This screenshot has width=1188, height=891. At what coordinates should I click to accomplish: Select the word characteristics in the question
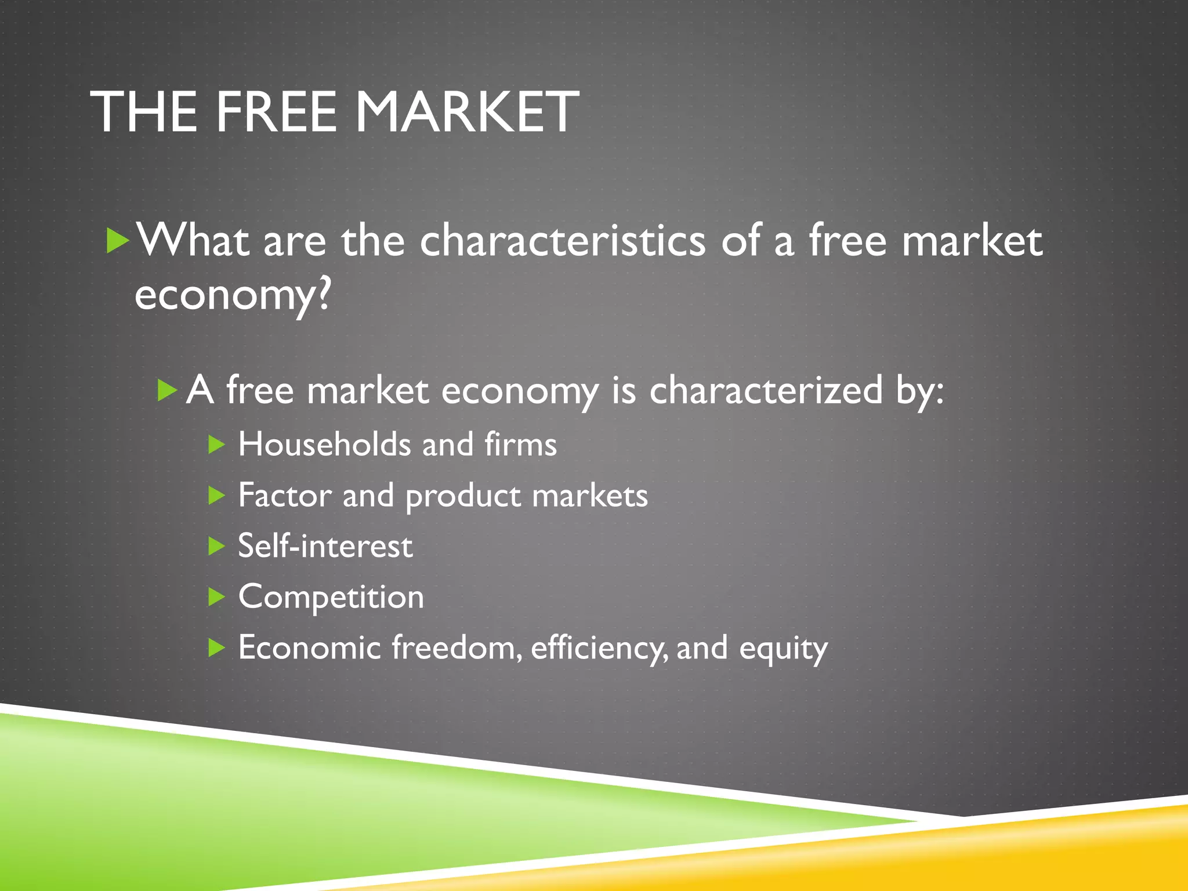pyautogui.click(x=562, y=240)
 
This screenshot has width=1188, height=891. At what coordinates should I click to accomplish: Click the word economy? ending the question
pyautogui.click(x=232, y=295)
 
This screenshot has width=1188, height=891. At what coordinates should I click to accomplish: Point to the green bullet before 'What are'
pyautogui.click(x=118, y=241)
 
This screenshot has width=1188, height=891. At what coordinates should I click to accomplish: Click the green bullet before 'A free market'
pyautogui.click(x=167, y=391)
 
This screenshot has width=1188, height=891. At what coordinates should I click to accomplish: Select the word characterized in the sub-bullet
pyautogui.click(x=766, y=390)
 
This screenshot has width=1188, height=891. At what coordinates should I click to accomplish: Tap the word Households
pyautogui.click(x=324, y=444)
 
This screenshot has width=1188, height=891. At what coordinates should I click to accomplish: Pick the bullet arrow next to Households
pyautogui.click(x=216, y=445)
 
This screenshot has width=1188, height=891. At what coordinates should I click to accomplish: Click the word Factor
pyautogui.click(x=284, y=495)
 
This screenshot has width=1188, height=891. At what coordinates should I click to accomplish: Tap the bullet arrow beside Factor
pyautogui.click(x=216, y=495)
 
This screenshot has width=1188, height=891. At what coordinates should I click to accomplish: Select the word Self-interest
pyautogui.click(x=325, y=546)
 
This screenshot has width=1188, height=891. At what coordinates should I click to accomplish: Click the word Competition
pyautogui.click(x=331, y=597)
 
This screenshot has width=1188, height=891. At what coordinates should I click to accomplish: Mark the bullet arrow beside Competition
pyautogui.click(x=216, y=597)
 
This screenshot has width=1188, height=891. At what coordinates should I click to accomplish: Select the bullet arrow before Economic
pyautogui.click(x=216, y=647)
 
